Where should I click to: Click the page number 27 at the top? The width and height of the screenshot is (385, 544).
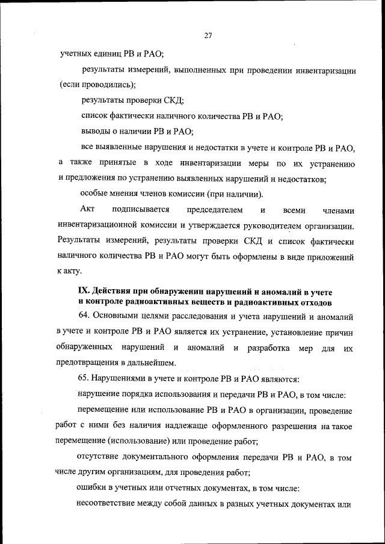(x=208, y=35)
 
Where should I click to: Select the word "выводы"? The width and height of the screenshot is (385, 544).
(x=96, y=131)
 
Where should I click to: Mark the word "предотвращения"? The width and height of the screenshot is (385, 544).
(x=88, y=362)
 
